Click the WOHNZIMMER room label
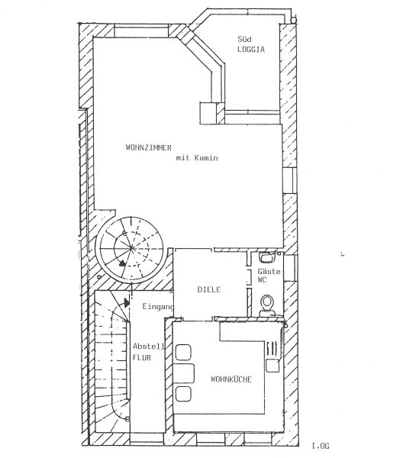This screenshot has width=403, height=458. click(x=148, y=147)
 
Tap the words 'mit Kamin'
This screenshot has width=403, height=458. click(x=197, y=158)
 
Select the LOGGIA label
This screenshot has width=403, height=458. click(x=251, y=49)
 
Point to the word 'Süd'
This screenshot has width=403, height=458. click(x=244, y=39)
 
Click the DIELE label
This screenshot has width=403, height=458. click(x=209, y=289)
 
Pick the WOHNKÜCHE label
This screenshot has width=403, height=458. click(x=231, y=379)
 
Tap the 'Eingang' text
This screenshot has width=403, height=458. click(x=158, y=307)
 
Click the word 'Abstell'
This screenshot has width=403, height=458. click(x=148, y=347)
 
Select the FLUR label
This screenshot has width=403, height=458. click(x=142, y=357)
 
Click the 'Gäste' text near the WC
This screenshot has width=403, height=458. click(x=269, y=271)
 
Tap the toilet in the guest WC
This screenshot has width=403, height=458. click(x=267, y=305)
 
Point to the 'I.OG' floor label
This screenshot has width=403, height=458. click(x=321, y=446)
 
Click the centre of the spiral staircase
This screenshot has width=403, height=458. click(x=132, y=249)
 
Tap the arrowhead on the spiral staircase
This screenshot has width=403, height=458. click(x=122, y=263)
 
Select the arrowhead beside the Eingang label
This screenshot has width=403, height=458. click(x=127, y=302)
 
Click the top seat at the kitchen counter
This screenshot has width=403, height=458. click(x=183, y=352)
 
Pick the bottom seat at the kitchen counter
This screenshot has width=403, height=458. click(x=183, y=393)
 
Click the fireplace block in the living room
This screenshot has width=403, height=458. click(x=208, y=113)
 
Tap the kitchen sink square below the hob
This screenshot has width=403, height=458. click(x=272, y=366)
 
